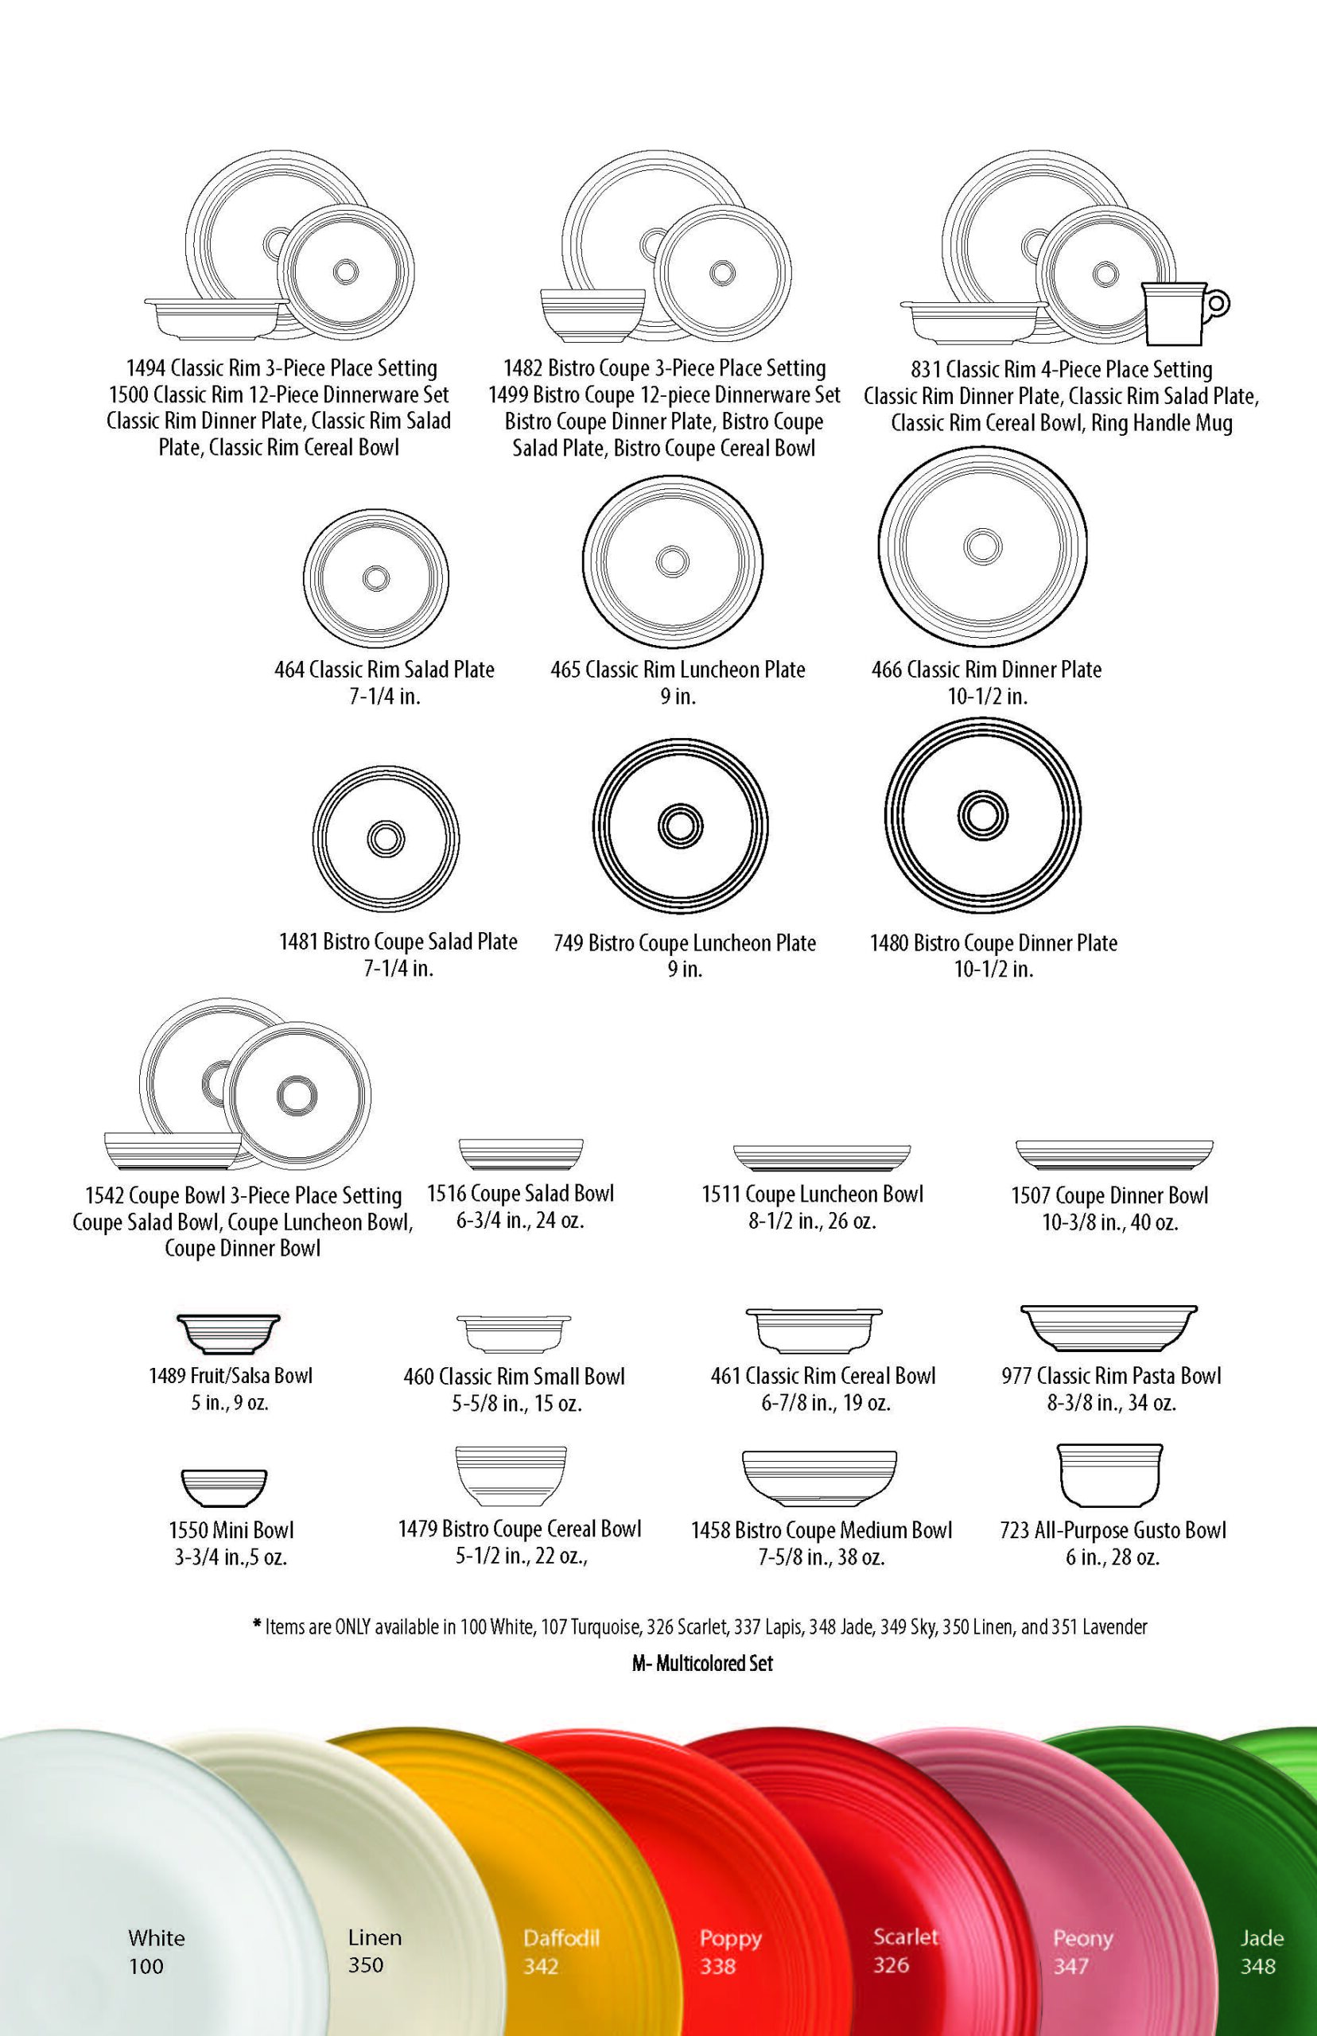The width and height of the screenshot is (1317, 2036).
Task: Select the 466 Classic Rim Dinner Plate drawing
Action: tap(983, 546)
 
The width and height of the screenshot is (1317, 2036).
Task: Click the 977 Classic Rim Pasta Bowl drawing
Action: tap(1109, 1326)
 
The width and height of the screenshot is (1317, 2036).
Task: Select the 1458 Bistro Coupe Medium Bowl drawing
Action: tap(819, 1478)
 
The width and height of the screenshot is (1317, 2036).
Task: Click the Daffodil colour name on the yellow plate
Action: tap(561, 1937)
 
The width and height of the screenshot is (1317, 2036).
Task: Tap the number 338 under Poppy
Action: tap(717, 1966)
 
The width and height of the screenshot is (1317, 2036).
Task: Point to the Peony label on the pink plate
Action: tap(1082, 1937)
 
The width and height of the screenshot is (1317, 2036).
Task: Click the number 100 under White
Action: tap(146, 1966)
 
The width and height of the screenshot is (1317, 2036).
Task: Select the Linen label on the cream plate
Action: tap(375, 1937)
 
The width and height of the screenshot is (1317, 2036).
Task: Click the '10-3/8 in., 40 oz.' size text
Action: tap(1109, 1223)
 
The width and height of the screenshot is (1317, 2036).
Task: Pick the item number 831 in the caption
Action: tap(926, 369)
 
